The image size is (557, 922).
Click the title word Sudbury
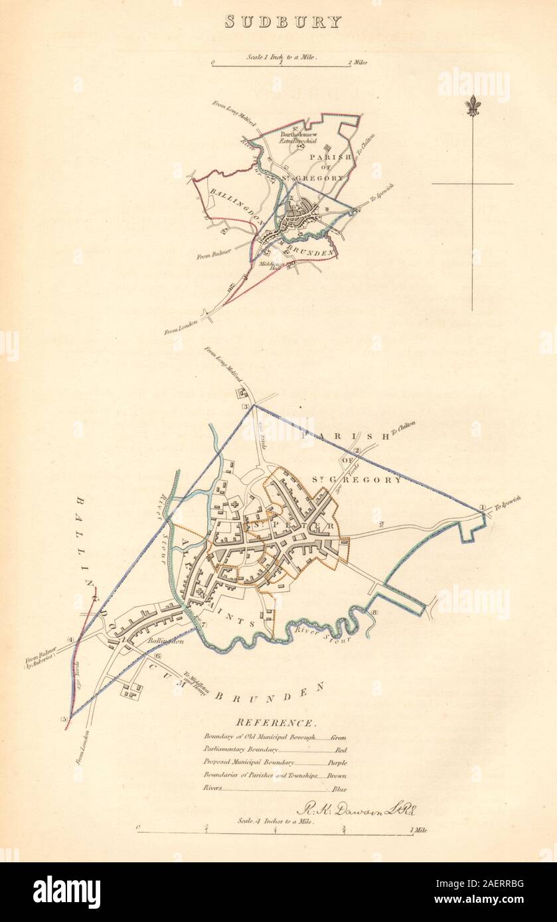(283, 21)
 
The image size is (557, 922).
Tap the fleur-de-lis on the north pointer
(472, 105)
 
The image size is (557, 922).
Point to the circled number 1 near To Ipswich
(483, 509)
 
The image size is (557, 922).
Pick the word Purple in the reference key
(337, 763)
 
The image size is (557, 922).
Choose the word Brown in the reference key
(337, 776)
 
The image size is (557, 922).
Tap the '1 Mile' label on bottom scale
(418, 830)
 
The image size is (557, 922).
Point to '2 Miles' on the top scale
(357, 63)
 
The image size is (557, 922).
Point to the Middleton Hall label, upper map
(290, 264)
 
